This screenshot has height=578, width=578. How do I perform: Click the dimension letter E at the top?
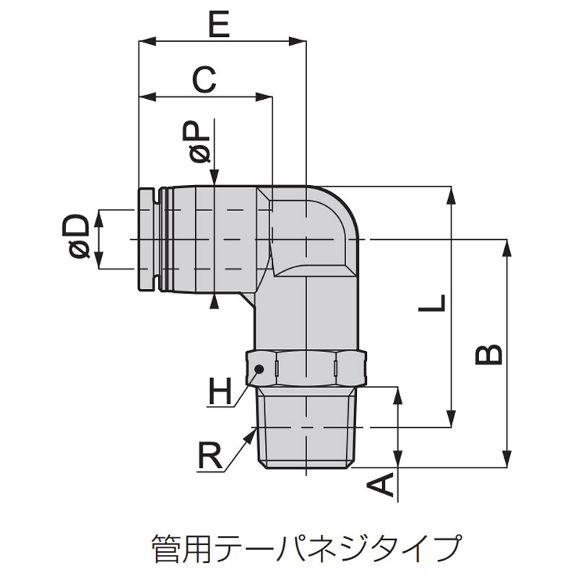coord(220,24)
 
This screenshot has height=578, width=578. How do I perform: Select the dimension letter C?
coord(204,79)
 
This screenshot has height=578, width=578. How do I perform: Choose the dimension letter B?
coord(489,355)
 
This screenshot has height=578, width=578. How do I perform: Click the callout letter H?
coord(220,390)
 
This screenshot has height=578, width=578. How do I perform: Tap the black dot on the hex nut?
coord(259,368)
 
